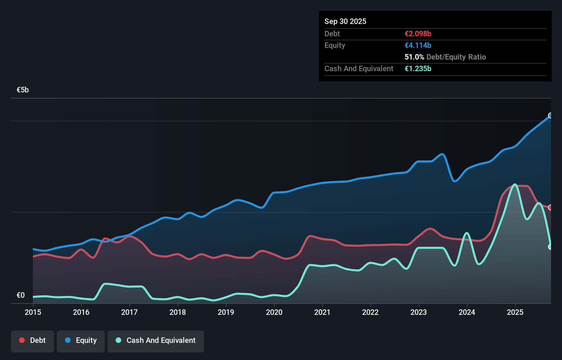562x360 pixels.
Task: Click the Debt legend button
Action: coord(33,341)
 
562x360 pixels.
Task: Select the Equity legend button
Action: coord(81,341)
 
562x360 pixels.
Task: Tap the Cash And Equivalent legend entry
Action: coord(156,341)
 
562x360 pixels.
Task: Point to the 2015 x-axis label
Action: coord(33,312)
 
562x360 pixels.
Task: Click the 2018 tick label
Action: coord(178,312)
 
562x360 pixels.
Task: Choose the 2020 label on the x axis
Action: coord(274,312)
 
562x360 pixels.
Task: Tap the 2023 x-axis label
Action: coord(419,312)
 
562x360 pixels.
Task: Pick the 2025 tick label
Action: coord(515,312)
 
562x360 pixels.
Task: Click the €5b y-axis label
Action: coord(23,90)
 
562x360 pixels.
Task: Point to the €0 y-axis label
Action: coord(21,295)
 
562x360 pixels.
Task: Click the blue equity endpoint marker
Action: coord(550,116)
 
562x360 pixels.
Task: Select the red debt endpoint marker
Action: coord(550,207)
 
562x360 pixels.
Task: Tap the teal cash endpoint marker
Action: coord(550,247)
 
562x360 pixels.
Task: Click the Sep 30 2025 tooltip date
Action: coord(345,21)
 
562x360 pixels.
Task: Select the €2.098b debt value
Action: coord(418,34)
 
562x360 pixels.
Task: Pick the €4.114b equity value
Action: coord(418,45)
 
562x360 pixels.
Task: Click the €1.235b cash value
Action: coord(418,68)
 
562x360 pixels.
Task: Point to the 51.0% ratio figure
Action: coord(414,57)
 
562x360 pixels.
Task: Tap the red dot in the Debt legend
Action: coord(22,340)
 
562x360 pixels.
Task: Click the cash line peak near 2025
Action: coord(514,184)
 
